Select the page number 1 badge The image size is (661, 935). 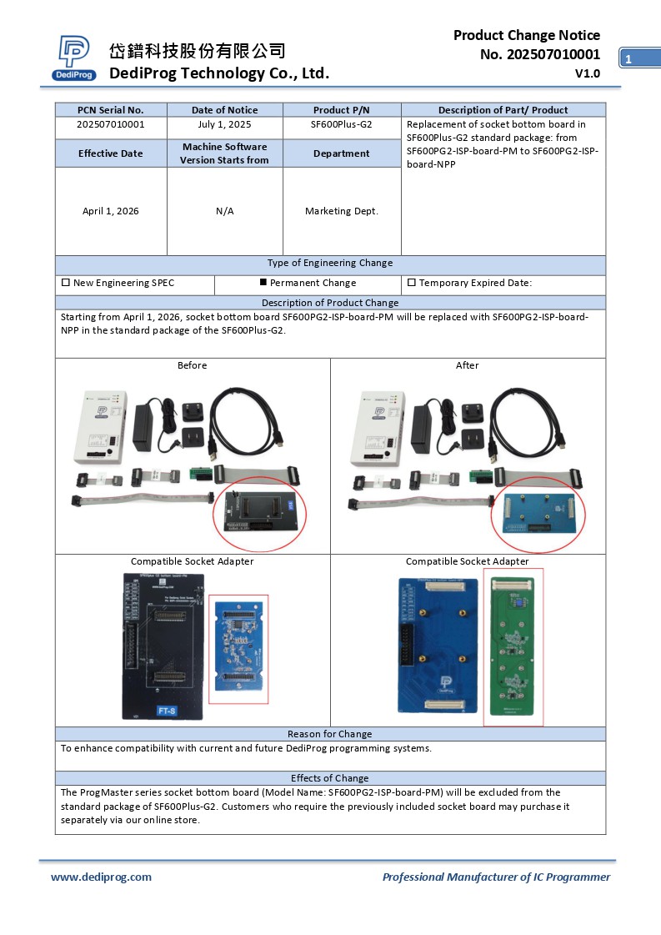(628, 58)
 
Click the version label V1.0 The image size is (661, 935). (587, 73)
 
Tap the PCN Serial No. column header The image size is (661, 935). (110, 110)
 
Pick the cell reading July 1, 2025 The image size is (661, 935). (224, 124)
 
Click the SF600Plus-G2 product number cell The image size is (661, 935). (342, 124)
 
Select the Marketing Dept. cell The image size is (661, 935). (342, 211)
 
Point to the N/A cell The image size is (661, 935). (224, 211)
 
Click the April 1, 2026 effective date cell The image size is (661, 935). (110, 211)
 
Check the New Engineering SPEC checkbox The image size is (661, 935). (66, 283)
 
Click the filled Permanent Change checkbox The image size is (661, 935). (263, 283)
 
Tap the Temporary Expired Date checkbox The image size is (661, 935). (411, 283)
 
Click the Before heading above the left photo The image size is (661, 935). (192, 365)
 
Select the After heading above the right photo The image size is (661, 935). (467, 365)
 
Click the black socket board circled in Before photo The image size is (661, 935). (259, 510)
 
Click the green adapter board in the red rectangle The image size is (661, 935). (513, 646)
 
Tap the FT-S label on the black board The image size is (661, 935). (167, 711)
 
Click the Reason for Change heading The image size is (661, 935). (330, 734)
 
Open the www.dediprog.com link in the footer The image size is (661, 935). (101, 877)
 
